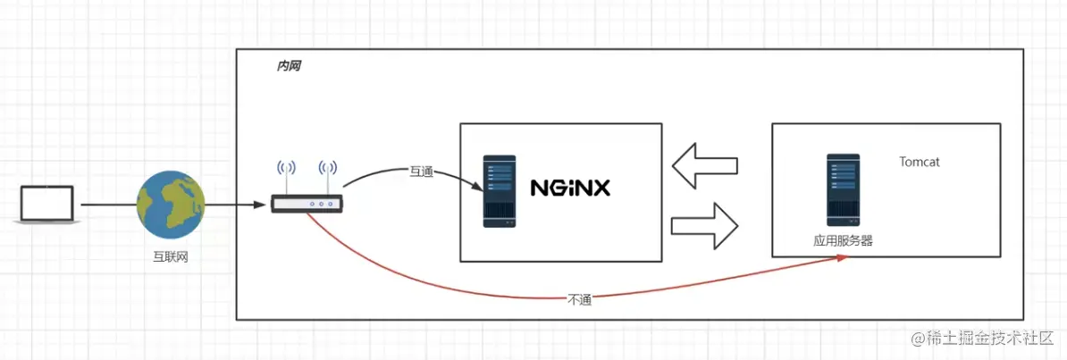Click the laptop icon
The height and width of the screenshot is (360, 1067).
[47, 205]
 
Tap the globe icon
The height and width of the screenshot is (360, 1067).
[171, 205]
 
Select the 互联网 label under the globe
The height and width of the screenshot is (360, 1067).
[171, 257]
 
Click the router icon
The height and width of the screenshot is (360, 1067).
[307, 205]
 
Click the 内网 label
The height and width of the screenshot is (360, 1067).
[289, 66]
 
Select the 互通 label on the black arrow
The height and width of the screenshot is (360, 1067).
[421, 171]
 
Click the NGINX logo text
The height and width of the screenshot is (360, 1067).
[569, 188]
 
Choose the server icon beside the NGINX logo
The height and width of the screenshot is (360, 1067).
[500, 191]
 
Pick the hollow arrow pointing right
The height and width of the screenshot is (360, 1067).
[705, 225]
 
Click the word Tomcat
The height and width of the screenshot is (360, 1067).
[920, 163]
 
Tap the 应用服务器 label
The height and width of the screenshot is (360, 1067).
[843, 240]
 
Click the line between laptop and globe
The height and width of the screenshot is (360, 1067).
[107, 205]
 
